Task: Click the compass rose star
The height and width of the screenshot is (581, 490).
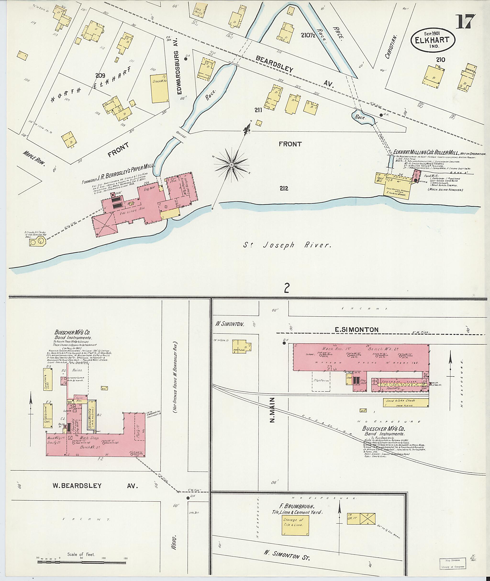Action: [x=231, y=165]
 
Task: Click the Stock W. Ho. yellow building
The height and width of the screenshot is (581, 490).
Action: [x=160, y=88]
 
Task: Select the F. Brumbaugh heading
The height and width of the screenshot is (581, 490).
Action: [x=302, y=506]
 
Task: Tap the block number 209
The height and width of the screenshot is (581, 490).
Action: [x=100, y=76]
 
